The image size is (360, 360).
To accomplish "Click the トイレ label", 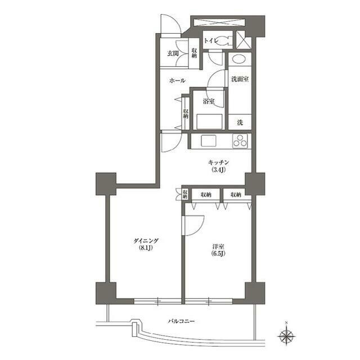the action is coord(210,41).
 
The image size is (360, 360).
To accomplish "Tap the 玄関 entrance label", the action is coord(173,54).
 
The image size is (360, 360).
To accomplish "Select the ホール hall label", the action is coord(177,80).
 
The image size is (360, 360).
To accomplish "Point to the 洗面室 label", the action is coord(240,79).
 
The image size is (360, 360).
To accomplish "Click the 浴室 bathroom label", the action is coord(209,101).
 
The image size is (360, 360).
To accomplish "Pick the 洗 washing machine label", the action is coord(240,123).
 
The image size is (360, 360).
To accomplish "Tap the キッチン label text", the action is coord(218,163).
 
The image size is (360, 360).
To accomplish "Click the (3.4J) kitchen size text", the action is coord(218,170).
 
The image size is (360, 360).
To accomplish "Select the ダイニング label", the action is coord(146,241).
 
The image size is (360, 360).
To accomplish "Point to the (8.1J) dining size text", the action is coord(146,248).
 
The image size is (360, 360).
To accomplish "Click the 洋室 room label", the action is coord(218,247).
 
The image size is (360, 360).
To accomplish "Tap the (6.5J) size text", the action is coord(218,254).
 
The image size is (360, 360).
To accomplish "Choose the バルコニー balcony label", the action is coord(181,321).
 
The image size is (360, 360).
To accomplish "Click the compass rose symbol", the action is coord(286,336).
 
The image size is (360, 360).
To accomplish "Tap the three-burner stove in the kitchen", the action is coord(240,141).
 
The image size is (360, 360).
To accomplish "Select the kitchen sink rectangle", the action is coord(209,141).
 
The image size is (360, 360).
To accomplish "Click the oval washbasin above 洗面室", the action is coord(239,58).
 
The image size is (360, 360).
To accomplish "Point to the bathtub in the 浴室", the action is coord(209,121).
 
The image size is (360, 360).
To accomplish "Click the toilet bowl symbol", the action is coord(223,41).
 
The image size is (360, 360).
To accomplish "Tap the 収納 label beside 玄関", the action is coord(194,53).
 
